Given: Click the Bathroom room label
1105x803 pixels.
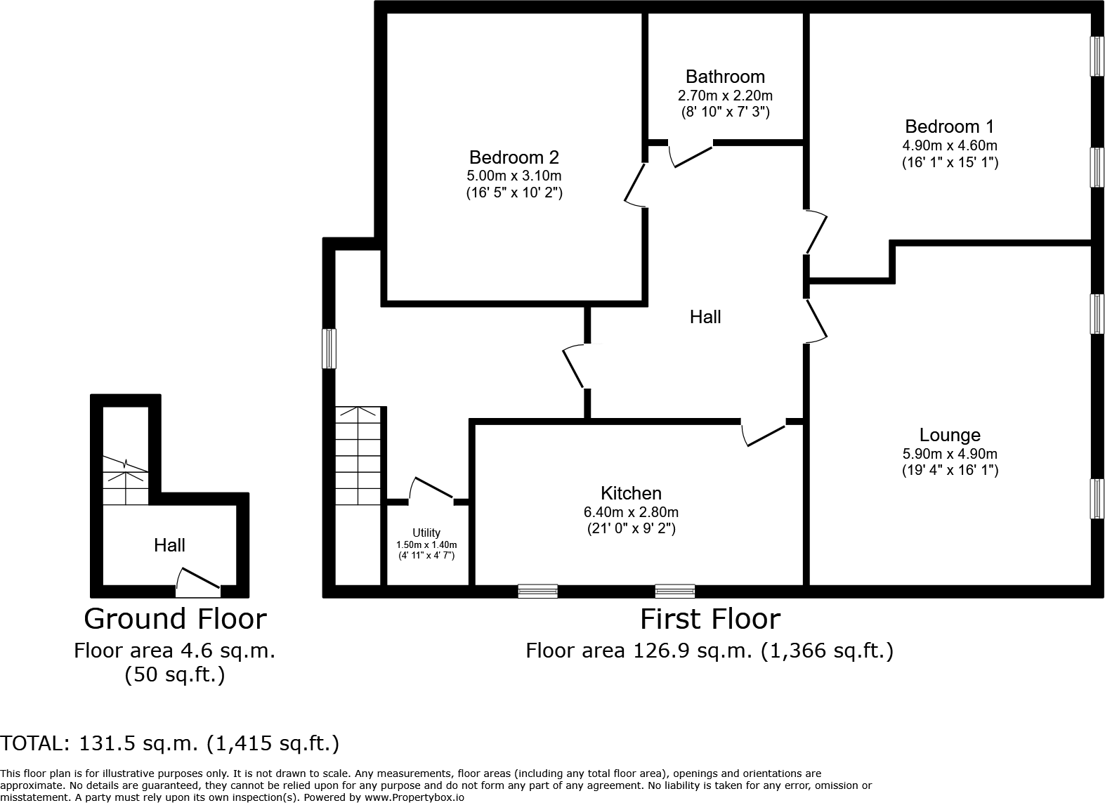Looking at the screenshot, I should pos(725,77).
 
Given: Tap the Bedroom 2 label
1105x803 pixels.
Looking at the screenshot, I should pos(514,157).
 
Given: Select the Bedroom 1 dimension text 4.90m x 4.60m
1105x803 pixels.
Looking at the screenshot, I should pos(950,146).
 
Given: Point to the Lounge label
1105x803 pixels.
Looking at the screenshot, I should pos(950,435).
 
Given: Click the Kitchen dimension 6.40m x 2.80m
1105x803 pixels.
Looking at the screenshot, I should pos(631,512).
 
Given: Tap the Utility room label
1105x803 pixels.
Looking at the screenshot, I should pos(426,533).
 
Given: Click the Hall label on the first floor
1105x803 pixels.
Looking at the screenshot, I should pos(705,317).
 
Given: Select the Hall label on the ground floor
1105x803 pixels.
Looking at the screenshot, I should pos(169,545).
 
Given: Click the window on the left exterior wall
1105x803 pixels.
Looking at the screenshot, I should pos(329,348).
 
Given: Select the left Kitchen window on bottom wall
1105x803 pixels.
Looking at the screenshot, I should pos(537,591).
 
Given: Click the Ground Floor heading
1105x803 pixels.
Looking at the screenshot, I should pos(175,619).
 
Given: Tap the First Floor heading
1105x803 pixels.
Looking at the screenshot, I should pos(710,619).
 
